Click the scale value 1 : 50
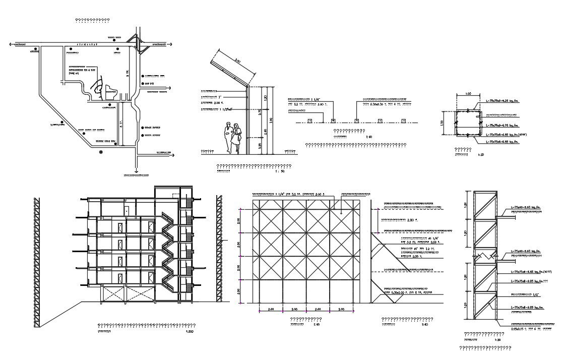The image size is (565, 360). (279, 172)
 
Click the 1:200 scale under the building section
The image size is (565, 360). (190, 332)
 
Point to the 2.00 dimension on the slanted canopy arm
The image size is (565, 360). (237, 63)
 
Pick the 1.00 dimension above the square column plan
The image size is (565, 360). (468, 94)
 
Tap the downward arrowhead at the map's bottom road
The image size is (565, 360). (136, 171)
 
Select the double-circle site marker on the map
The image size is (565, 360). (101, 151)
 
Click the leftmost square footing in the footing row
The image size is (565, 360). (309, 121)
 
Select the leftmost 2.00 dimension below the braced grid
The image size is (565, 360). (271, 309)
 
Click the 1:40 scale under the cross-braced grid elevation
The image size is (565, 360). (317, 325)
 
